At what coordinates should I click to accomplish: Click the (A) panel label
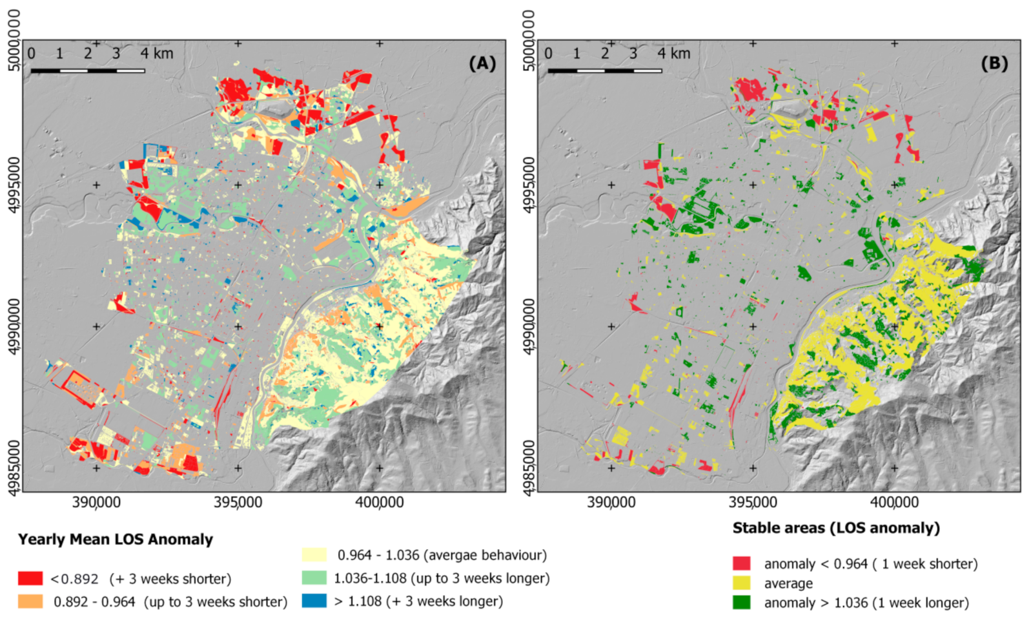pos(482,63)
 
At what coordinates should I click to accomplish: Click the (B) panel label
pos(994,63)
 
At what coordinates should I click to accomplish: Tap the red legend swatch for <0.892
pos(30,578)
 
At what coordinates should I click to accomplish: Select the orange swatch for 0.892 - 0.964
pos(30,602)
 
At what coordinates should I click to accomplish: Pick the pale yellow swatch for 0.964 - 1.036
pos(314,555)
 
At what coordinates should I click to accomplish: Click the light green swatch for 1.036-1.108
pos(314,578)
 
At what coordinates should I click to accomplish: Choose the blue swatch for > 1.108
pos(314,601)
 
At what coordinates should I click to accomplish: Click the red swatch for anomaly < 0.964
pos(742,563)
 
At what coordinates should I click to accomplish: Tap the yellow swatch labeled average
pos(742,583)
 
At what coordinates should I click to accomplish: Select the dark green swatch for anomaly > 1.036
pos(742,602)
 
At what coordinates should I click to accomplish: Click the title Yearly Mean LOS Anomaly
pos(116,540)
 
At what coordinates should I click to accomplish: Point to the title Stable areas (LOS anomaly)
pos(836,528)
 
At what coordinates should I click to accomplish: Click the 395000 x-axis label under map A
pos(238,503)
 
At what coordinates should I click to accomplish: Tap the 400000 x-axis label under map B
pos(894,503)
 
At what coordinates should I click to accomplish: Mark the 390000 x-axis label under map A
pos(96,503)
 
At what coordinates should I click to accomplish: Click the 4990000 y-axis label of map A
pos(14,326)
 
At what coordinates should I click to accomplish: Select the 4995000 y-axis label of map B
pos(529,185)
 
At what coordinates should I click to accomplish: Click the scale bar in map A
pos(87,70)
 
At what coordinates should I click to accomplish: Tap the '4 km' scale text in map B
pos(673,54)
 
